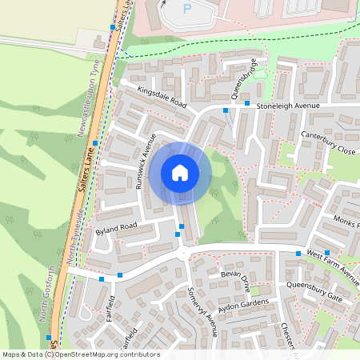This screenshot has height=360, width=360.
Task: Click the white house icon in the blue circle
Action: coord(179,173)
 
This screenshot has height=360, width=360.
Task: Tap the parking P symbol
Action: coord(188,9)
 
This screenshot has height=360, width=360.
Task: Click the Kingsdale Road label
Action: coord(162,99)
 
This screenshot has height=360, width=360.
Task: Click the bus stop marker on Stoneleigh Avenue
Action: coord(247,103)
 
